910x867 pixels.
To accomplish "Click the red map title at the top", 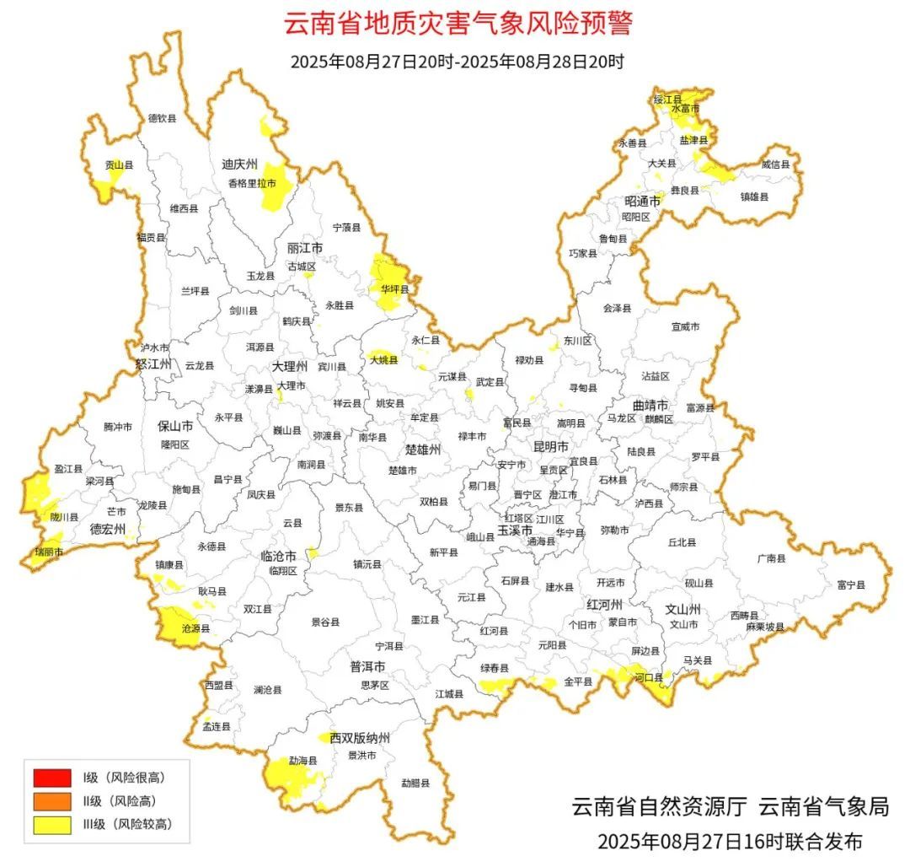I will pos(457,23).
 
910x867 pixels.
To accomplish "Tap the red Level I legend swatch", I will pos(52,776).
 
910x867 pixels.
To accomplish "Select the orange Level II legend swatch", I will pos(52,800).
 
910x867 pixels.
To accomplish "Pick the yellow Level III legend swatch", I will pos(52,825).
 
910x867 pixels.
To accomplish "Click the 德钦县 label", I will pos(163,118).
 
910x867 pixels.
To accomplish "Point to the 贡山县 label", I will pos(119,166).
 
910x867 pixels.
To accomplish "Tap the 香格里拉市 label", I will pos(252,183).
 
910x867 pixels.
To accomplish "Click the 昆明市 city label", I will pos(551,444).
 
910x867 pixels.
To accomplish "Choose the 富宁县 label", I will pos(852,584).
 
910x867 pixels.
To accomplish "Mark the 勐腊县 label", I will pos(415,783).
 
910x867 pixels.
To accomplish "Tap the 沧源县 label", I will pos(196,628).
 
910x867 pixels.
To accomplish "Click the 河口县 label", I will pos(648,676).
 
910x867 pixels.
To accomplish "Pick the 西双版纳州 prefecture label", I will pos(360,738).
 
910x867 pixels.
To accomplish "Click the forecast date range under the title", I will pos(457,62).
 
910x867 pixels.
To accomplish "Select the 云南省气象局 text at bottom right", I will pos(823,806).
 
